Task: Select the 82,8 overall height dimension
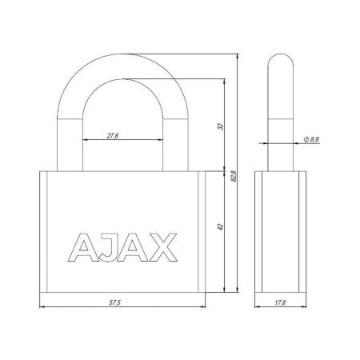click(x=232, y=178)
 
